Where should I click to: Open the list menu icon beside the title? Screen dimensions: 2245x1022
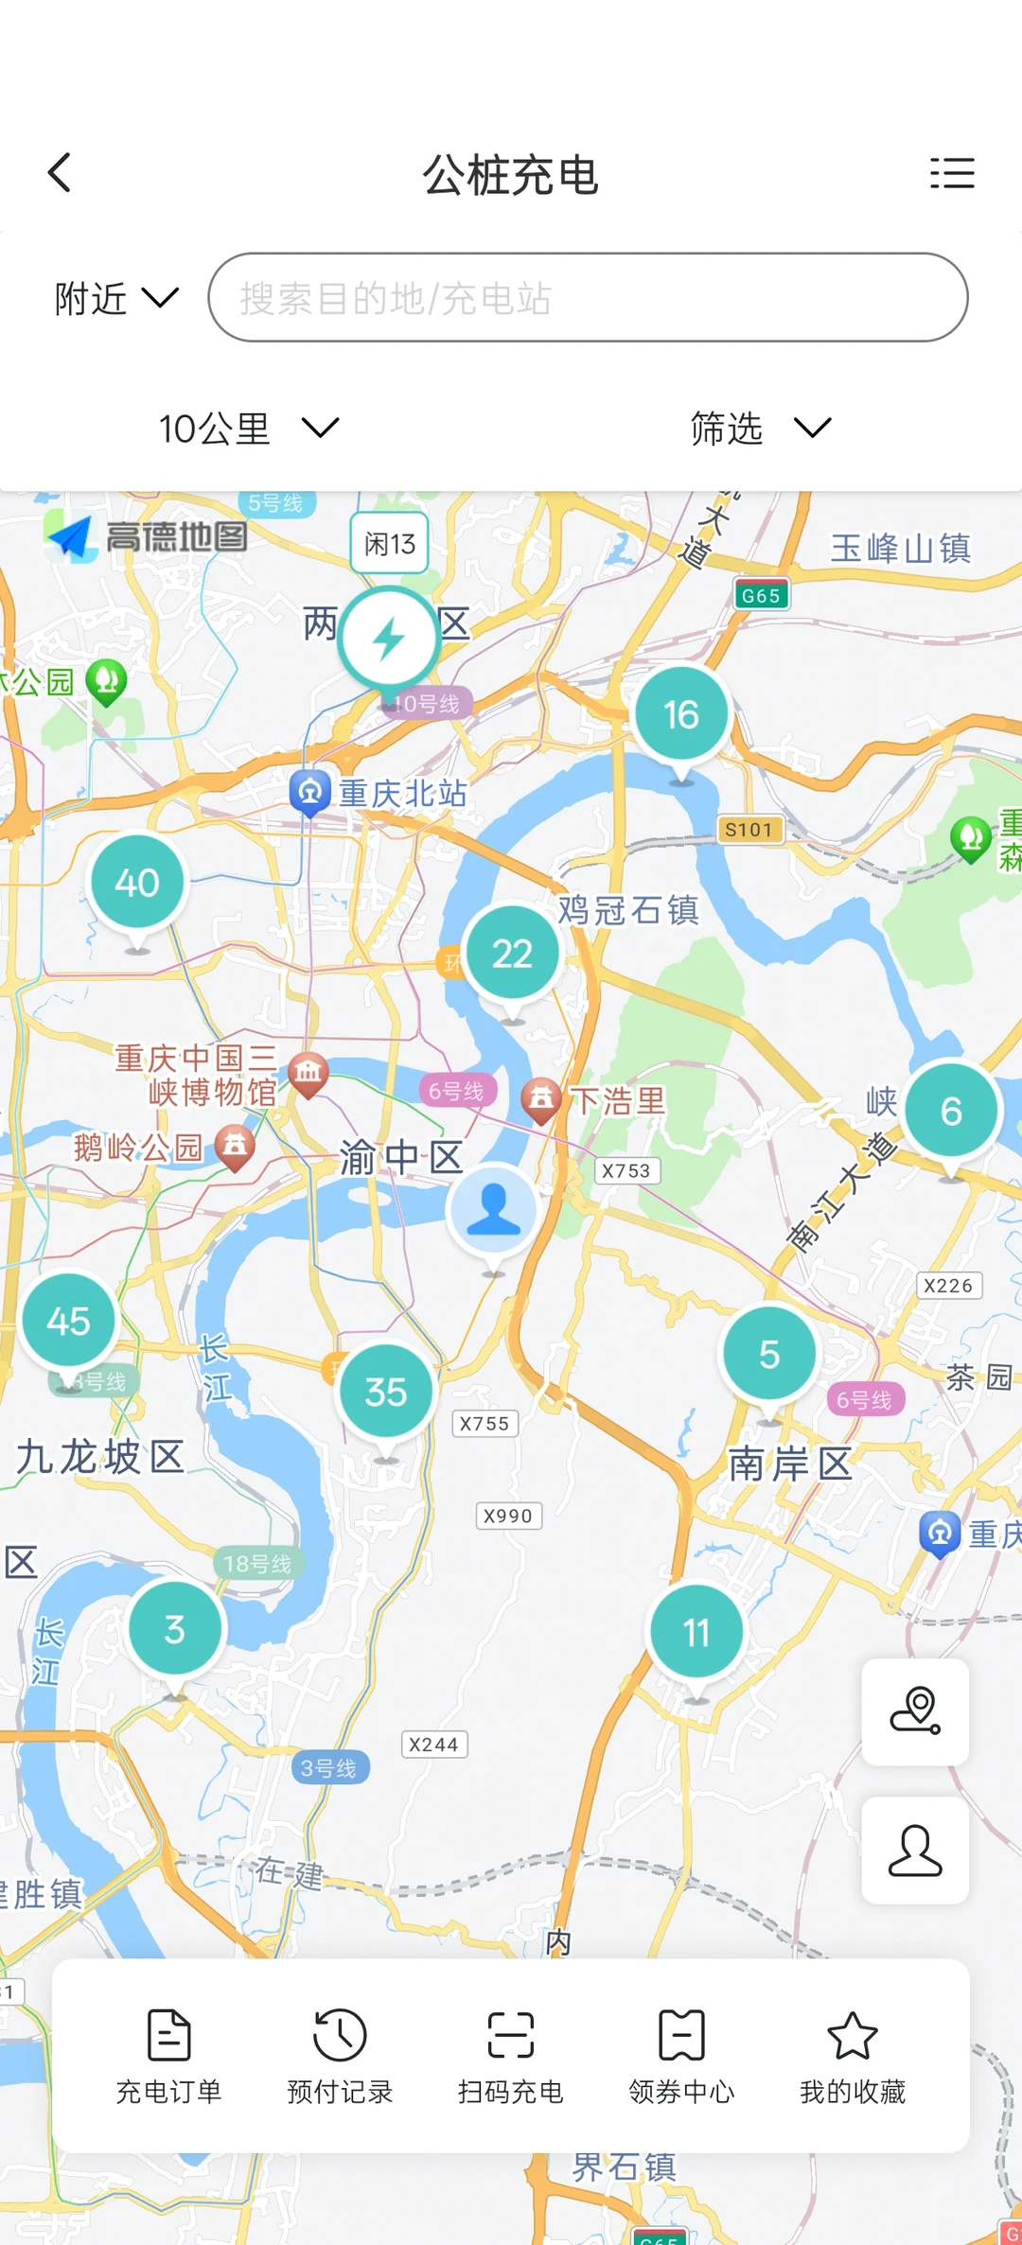pyautogui.click(x=951, y=173)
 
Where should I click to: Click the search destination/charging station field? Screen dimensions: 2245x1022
pyautogui.click(x=588, y=298)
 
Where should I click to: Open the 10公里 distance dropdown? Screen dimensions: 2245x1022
pyautogui.click(x=248, y=429)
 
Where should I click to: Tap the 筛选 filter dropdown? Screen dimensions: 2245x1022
pyautogui.click(x=760, y=429)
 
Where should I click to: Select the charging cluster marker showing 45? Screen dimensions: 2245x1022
pyautogui.click(x=69, y=1321)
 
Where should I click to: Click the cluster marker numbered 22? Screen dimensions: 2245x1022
pyautogui.click(x=512, y=954)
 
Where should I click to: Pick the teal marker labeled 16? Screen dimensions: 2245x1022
pyautogui.click(x=681, y=714)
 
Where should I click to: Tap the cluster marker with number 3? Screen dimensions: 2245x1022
pyautogui.click(x=175, y=1629)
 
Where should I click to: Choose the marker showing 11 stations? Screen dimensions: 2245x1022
pyautogui.click(x=696, y=1632)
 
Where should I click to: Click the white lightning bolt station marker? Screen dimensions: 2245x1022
pyautogui.click(x=389, y=639)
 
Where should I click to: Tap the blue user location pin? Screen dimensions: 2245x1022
pyautogui.click(x=493, y=1211)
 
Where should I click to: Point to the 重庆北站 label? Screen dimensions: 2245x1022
pyautogui.click(x=402, y=793)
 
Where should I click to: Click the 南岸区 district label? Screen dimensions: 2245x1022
pyautogui.click(x=790, y=1464)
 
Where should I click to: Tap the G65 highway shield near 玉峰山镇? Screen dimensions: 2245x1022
pyautogui.click(x=761, y=595)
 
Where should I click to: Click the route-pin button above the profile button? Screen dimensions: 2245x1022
pyautogui.click(x=915, y=1710)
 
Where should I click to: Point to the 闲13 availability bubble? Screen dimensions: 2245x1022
pyautogui.click(x=390, y=543)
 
